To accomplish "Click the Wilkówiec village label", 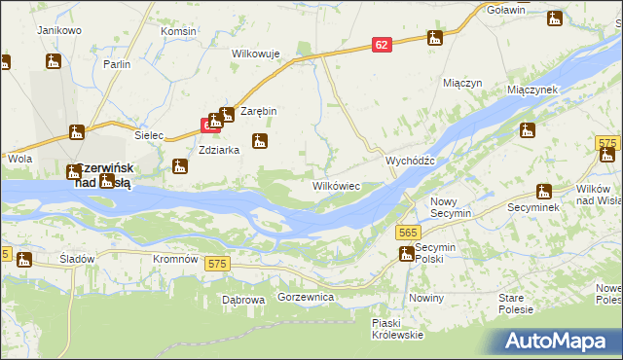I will pyautogui.click(x=336, y=185).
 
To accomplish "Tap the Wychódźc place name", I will pyautogui.click(x=416, y=160).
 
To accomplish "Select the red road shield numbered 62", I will pyautogui.click(x=382, y=45).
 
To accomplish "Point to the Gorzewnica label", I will pyautogui.click(x=306, y=296).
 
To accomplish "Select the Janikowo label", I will pyautogui.click(x=58, y=30).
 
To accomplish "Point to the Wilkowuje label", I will pyautogui.click(x=256, y=54).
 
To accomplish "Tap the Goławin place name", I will pyautogui.click(x=506, y=10).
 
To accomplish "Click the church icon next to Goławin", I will pyautogui.click(x=556, y=18).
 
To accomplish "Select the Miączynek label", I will pyautogui.click(x=531, y=89).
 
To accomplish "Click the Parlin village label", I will pyautogui.click(x=118, y=64).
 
